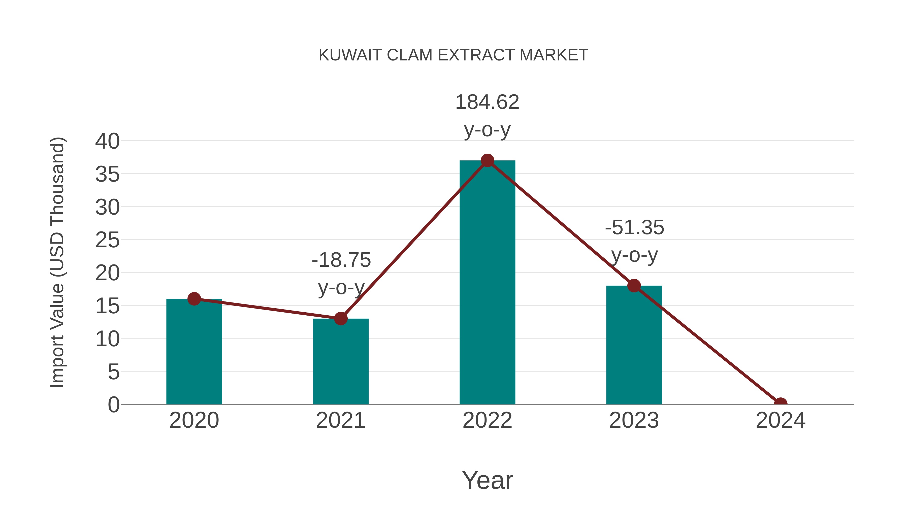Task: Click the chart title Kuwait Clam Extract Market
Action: point(453,55)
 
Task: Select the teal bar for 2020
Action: point(194,352)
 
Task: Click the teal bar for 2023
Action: point(634,345)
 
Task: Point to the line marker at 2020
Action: point(194,299)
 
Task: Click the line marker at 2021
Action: point(340,319)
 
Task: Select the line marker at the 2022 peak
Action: point(487,160)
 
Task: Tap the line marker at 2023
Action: point(634,285)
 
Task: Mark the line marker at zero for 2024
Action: point(780,403)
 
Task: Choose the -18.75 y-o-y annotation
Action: point(341,274)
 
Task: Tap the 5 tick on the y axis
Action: point(113,372)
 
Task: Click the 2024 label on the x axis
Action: point(780,420)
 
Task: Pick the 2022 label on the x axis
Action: point(487,420)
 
